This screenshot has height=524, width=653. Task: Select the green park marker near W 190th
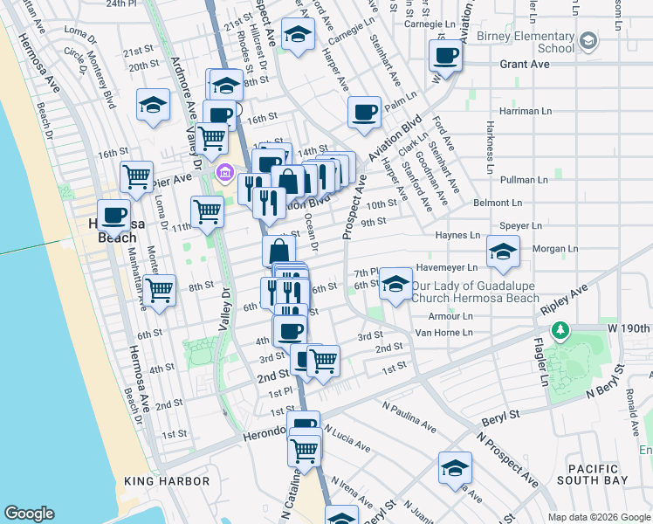[560, 331]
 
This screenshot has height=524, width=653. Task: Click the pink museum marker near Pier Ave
[224, 175]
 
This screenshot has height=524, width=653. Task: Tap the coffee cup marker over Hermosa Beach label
[113, 213]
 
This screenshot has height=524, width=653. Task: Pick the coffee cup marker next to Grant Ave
[445, 56]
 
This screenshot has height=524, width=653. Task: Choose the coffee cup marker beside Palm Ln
[364, 113]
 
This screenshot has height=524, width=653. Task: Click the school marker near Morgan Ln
[503, 252]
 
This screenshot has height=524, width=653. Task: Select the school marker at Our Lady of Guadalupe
[395, 284]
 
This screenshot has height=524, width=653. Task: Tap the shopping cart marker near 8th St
[160, 289]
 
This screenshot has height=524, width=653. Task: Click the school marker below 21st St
[153, 106]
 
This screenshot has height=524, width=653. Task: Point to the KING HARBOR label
[167, 481]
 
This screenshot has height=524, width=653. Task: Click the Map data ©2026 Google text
[598, 517]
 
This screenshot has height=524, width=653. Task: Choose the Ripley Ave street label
[565, 300]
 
